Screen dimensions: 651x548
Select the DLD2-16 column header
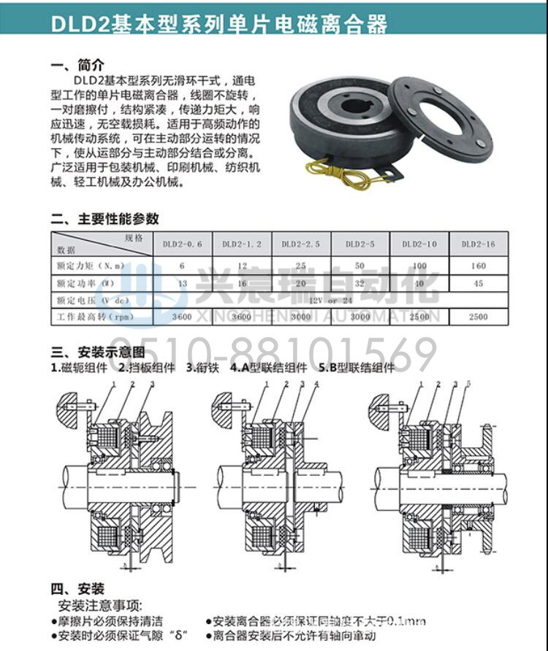point(479,244)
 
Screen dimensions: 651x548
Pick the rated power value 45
point(479,282)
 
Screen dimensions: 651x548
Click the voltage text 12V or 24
point(330,300)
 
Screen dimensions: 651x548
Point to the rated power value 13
point(182,282)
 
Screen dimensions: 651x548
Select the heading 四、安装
point(77,589)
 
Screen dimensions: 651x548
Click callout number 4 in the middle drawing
point(316,384)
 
